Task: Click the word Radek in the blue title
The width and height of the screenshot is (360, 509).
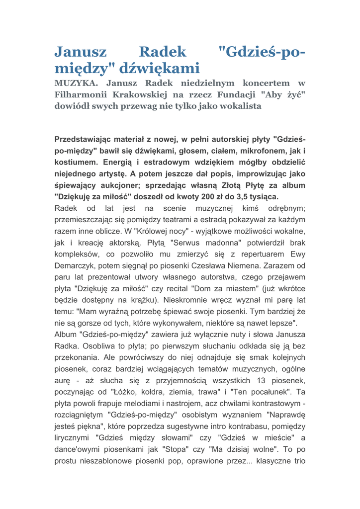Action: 162,52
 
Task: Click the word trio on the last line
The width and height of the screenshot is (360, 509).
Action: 298,461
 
